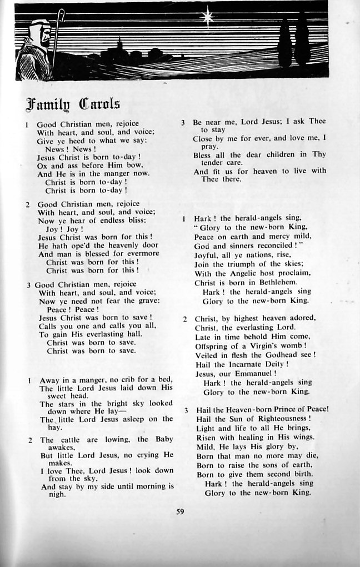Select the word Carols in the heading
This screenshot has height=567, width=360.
point(100,104)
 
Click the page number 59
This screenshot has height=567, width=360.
point(179,511)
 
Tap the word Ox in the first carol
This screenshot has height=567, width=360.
point(42,165)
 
